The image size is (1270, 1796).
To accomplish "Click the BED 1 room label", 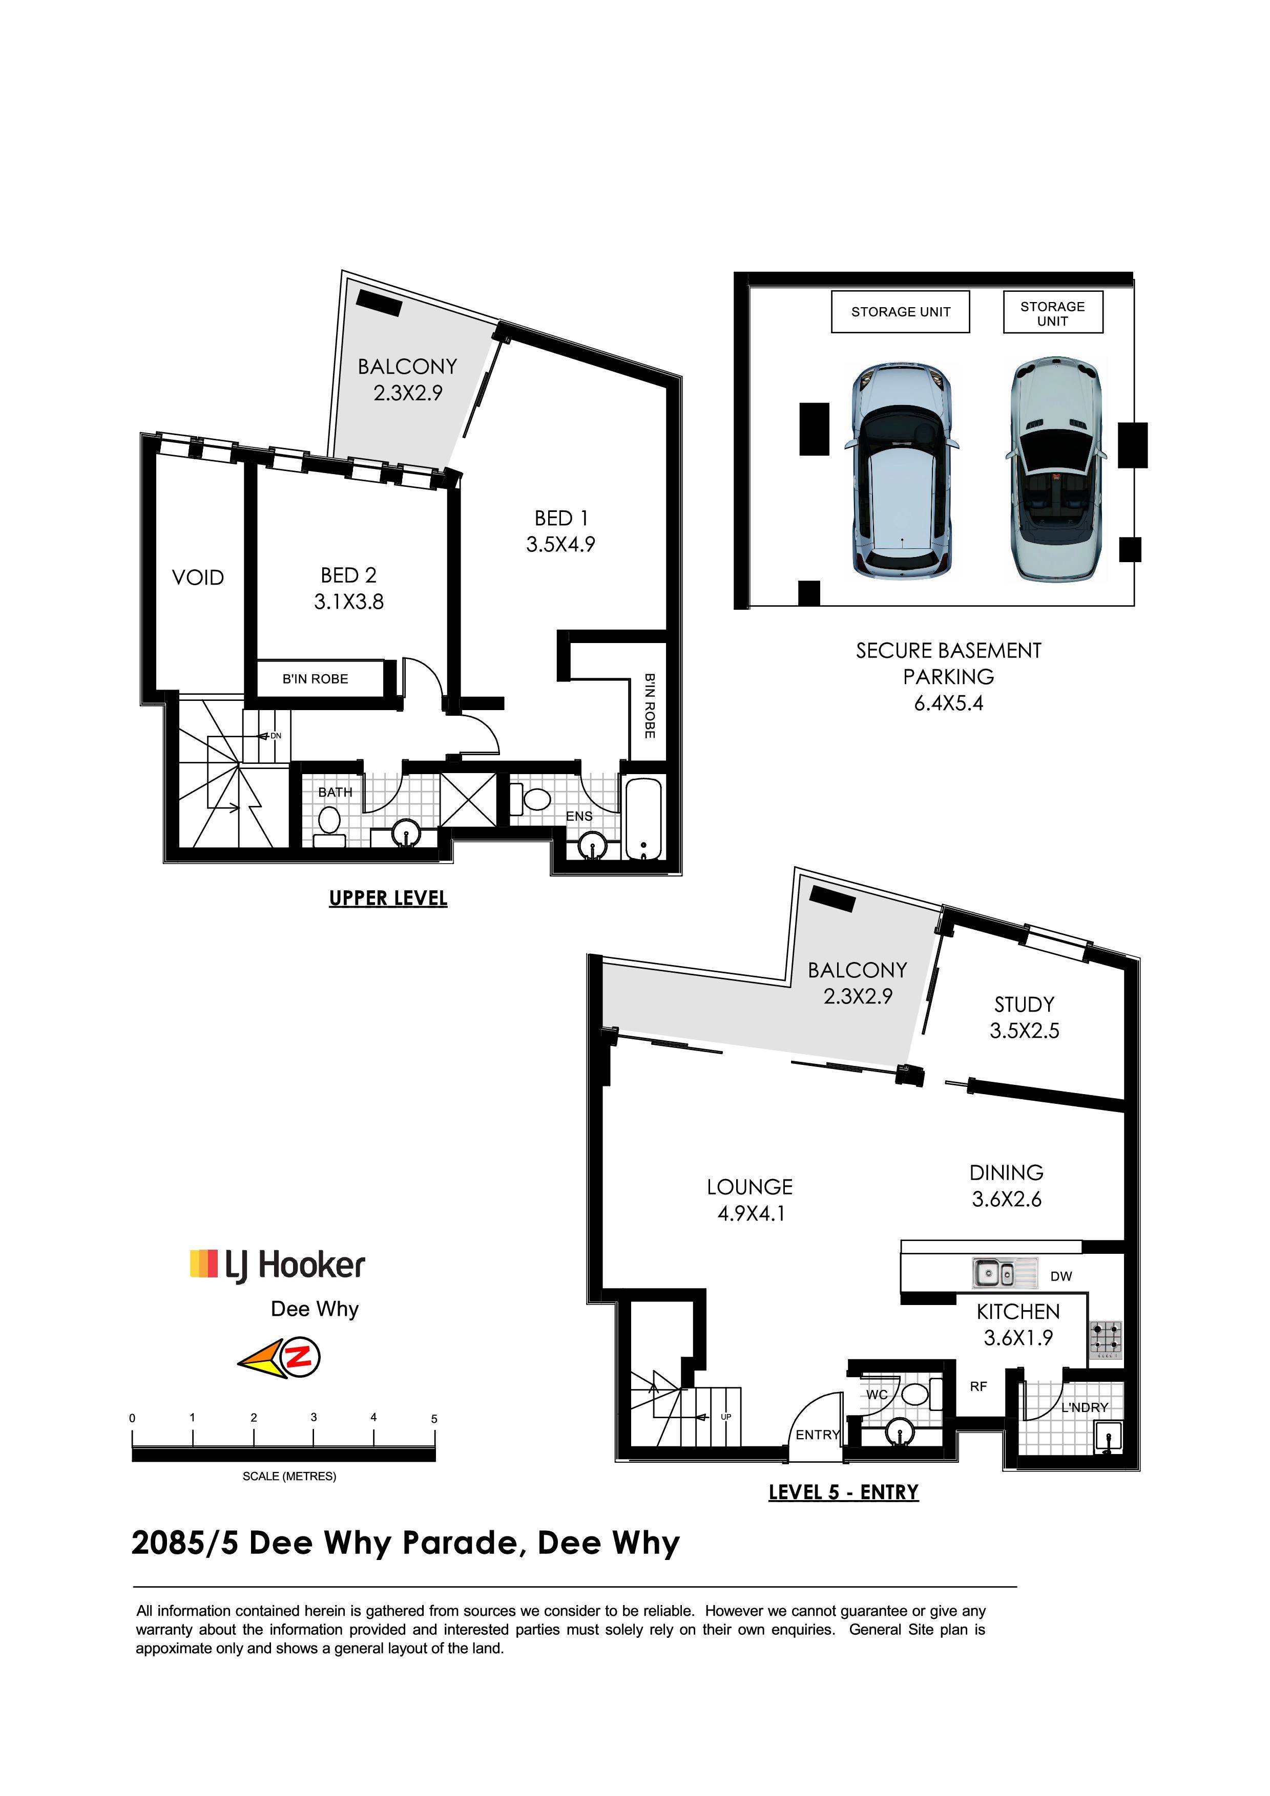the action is tap(561, 531).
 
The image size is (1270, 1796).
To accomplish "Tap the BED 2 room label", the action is tap(349, 588).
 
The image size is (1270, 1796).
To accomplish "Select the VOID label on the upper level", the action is tap(198, 578).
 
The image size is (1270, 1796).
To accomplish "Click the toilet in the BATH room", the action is tap(329, 826).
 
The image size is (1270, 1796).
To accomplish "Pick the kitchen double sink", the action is tap(1005, 1273).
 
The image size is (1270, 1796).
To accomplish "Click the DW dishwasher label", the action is tap(1061, 1276).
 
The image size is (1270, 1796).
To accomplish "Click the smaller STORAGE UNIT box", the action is tap(1052, 312).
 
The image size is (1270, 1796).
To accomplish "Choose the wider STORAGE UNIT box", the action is tap(900, 311).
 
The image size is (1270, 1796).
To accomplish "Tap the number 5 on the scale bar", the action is tap(434, 1418).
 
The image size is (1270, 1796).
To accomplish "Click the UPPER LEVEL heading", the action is tap(388, 898).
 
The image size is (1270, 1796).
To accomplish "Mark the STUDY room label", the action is tap(1024, 1004).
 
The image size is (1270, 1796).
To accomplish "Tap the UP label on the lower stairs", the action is tap(726, 1417).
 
